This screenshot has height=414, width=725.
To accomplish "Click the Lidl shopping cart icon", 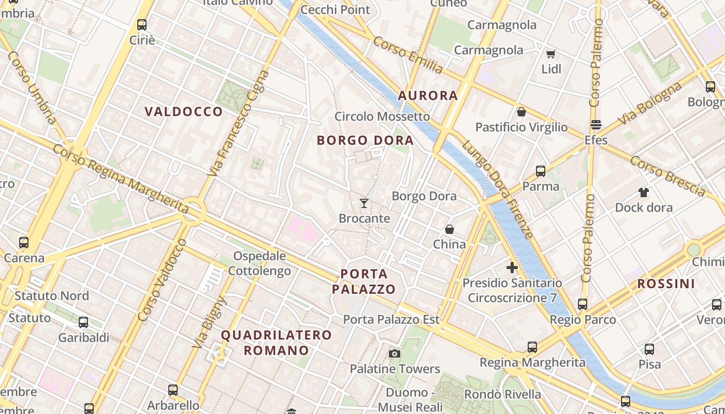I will coord(550,54).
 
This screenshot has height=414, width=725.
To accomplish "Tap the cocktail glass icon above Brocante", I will coord(364,203).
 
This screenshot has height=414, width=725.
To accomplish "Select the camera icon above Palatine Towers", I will coord(395,353).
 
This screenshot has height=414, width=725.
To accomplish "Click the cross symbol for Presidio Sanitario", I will coord(512,268).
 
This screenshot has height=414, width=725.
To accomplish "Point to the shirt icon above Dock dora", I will coord(643,193).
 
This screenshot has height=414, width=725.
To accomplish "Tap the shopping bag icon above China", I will coord(449,229).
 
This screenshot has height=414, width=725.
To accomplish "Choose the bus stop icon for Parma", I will coord(541,171).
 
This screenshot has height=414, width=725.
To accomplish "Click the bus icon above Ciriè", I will coord(142,24).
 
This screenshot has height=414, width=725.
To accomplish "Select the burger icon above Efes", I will coord(596,125).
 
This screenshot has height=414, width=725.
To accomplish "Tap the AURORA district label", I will coord(428,96).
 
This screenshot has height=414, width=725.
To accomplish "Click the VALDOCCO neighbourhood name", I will coord(184,112).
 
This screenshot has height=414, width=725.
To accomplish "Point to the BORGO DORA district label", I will coord(365,140).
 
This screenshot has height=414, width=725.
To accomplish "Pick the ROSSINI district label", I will coord(666,284).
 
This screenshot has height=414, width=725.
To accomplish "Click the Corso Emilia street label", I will coord(408,55).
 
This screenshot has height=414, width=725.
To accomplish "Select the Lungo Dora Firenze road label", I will coord(498,189).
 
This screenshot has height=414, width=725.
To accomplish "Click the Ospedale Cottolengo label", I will coord(259,263).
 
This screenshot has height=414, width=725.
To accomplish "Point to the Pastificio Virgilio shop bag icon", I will coord(521,112).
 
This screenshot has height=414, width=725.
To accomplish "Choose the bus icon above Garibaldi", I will coord(83,322).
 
